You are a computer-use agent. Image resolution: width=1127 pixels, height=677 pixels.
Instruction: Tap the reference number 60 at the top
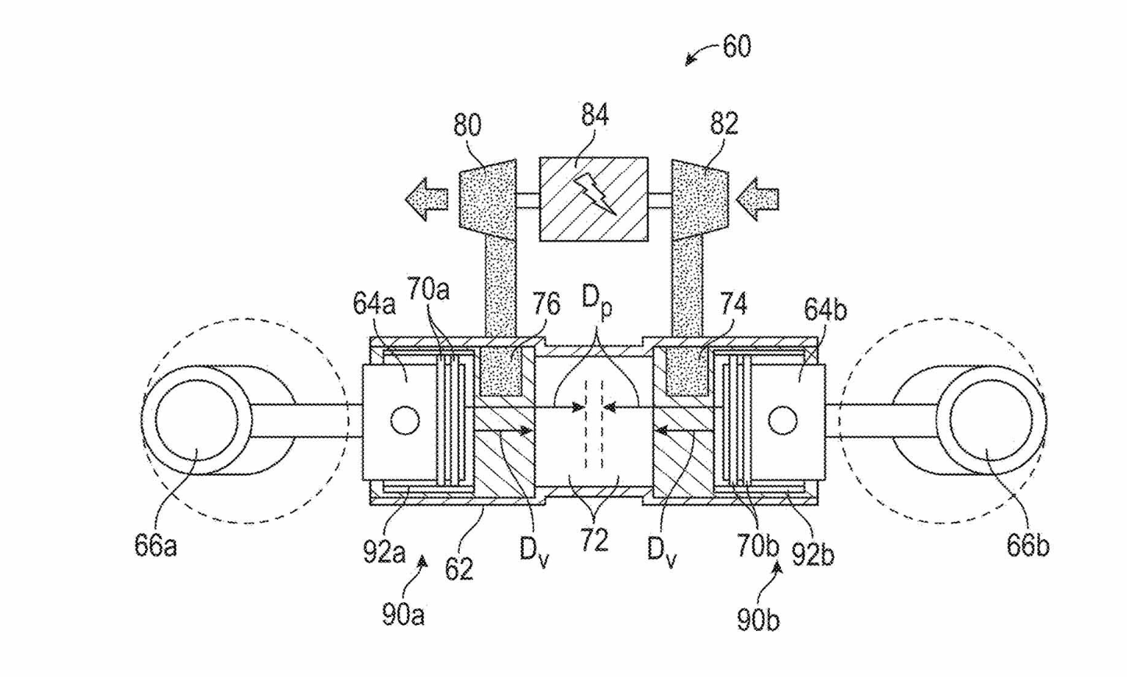(737, 46)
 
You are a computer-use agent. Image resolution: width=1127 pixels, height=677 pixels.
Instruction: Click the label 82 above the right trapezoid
(724, 123)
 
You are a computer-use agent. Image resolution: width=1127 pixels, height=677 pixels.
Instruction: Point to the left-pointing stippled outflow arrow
(426, 199)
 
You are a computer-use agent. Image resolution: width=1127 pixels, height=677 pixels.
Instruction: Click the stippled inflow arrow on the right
(758, 199)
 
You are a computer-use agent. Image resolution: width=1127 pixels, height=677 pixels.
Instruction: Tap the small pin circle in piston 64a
(405, 420)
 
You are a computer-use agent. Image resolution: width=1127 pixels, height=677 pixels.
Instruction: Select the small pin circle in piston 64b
(783, 420)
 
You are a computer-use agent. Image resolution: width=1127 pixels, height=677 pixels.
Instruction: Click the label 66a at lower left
(155, 545)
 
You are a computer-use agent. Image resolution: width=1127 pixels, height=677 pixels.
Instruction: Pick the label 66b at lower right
(1028, 545)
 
